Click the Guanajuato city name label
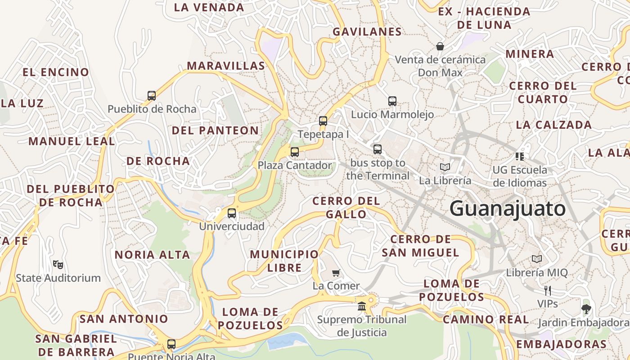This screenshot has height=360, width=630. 508,209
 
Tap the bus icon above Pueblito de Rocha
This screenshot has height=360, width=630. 152,95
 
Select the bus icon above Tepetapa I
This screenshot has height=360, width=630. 323,121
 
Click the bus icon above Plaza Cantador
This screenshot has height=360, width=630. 295,152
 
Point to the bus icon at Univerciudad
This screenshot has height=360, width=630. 232,213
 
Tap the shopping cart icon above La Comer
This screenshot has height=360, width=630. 336,272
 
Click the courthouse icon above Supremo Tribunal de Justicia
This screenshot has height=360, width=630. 361,306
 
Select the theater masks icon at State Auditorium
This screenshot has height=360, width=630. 58,264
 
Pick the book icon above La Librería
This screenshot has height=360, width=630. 445,167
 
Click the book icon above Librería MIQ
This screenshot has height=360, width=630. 537,259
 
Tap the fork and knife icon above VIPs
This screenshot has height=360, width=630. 548,290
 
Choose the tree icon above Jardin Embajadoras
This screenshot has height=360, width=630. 586,309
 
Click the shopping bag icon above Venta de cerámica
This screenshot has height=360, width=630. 440,46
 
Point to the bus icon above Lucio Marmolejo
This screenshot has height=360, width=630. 392,101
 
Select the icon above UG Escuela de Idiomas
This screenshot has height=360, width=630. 520,156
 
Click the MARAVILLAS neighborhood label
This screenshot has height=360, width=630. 226,66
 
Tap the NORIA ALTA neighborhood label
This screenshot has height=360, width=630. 152,255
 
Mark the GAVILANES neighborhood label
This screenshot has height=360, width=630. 367,31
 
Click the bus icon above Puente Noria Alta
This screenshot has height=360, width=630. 171,344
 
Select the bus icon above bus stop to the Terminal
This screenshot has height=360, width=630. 378,149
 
